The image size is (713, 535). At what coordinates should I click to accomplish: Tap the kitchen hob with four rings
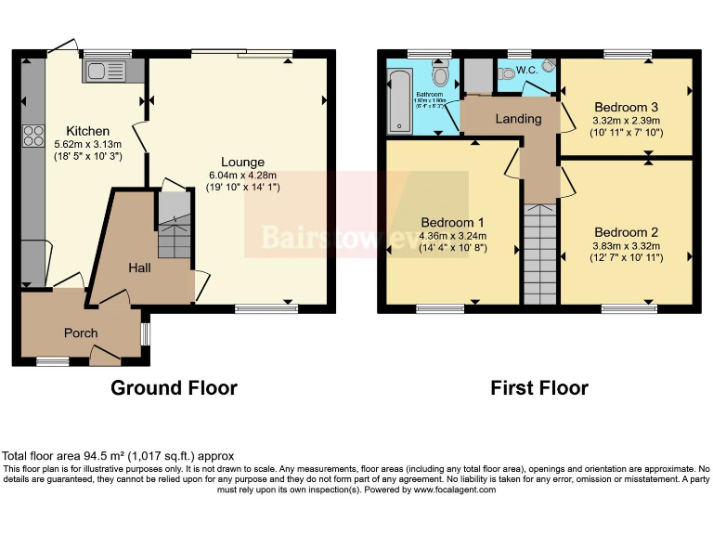pos(34,135)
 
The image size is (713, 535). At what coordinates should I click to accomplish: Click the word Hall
pos(139,267)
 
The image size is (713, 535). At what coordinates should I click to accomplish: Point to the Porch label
pos(80,333)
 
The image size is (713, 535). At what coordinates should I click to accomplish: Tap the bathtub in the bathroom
pos(398,102)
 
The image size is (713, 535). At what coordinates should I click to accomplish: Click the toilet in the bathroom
pos(441,74)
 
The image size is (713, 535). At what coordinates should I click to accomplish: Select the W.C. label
pos(526,70)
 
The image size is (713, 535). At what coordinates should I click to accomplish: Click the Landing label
pos(518,119)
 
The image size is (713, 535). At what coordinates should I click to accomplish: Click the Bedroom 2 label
pos(627,232)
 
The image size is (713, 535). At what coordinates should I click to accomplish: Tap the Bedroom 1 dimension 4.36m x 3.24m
pos(453,235)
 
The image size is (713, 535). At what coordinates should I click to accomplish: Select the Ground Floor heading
pos(174,388)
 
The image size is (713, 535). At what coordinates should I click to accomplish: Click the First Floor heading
pos(539,388)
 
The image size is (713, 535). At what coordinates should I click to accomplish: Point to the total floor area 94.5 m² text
pos(118,456)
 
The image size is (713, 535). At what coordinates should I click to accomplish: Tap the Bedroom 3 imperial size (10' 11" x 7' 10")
pos(626,132)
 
